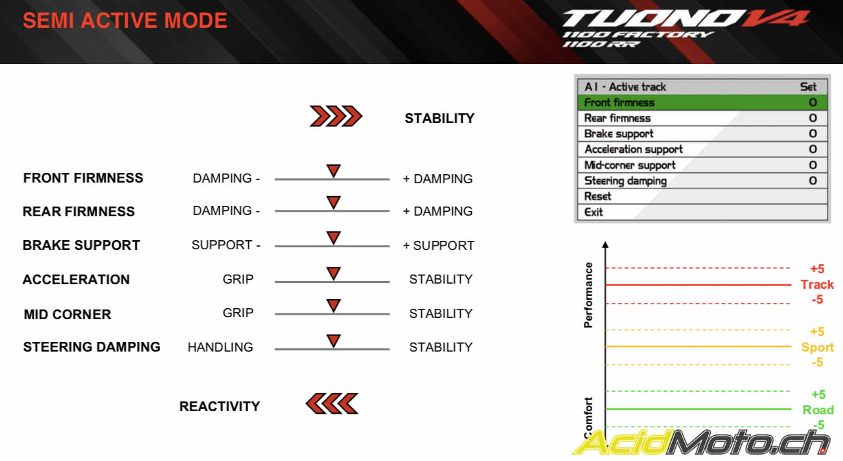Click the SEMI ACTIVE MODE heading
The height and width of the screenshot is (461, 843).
click(x=125, y=20)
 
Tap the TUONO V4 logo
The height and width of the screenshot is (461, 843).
click(x=686, y=28)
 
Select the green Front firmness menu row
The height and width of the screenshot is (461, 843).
click(x=702, y=102)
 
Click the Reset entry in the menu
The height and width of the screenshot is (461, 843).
click(x=597, y=196)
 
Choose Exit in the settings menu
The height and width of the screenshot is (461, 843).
click(x=594, y=212)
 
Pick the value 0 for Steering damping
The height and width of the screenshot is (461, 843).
click(x=813, y=181)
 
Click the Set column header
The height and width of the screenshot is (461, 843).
click(x=809, y=87)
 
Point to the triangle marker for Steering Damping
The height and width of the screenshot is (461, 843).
click(x=334, y=341)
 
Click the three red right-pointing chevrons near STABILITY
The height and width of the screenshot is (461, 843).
click(x=336, y=116)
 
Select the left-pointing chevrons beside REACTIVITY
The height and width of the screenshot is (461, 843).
click(x=332, y=404)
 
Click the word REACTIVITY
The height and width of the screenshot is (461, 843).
click(x=220, y=407)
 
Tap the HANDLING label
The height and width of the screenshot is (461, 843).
click(x=220, y=347)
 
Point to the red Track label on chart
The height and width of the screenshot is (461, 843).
click(x=817, y=285)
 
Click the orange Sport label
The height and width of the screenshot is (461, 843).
click(x=818, y=347)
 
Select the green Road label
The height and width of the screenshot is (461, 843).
click(x=818, y=410)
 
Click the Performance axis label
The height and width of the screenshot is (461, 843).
click(x=588, y=295)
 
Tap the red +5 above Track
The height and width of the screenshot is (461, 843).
click(x=817, y=269)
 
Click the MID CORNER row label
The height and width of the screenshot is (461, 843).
click(x=67, y=315)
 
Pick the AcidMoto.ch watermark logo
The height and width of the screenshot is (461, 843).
click(x=700, y=443)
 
